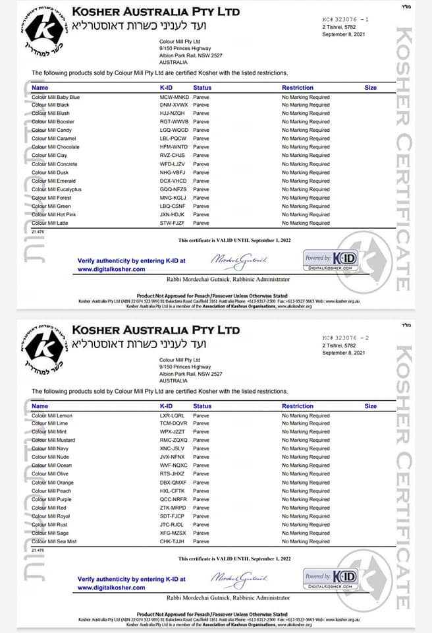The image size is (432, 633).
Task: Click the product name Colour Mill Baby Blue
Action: [55, 97]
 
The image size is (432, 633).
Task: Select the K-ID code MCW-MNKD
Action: [174, 97]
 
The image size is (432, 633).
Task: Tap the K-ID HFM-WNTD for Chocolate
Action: [174, 147]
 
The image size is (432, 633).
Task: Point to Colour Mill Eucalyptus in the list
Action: [56, 189]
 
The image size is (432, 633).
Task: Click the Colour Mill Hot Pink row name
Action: [53, 214]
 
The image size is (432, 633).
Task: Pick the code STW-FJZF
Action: [173, 223]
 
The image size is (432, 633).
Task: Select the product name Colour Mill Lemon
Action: [52, 415]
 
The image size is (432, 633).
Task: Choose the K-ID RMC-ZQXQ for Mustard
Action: [174, 440]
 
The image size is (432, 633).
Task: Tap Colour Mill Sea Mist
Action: [54, 541]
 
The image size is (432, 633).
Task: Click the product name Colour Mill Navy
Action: [51, 449]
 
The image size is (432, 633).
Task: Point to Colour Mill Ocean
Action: [52, 466]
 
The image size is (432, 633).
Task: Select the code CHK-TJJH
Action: [173, 541]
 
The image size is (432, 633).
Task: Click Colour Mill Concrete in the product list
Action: [55, 164]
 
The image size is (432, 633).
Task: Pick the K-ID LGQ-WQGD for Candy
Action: [174, 131]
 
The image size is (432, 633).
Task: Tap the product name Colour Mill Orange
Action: [53, 483]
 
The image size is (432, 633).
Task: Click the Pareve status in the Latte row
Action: [201, 223]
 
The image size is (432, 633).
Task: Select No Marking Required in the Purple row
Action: [306, 500]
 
